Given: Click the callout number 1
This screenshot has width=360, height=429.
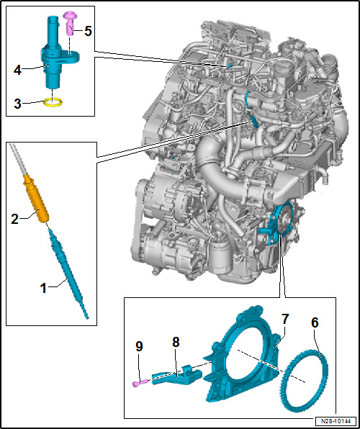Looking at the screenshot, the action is click(x=44, y=289).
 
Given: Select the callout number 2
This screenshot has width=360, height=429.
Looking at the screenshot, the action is click(x=15, y=219).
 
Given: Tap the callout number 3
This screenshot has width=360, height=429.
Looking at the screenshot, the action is click(x=18, y=104).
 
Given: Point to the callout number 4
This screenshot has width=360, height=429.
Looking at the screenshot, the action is click(x=18, y=71).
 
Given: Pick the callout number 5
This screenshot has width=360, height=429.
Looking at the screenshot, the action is click(x=88, y=32).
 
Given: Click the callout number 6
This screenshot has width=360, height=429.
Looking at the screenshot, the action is click(x=315, y=323).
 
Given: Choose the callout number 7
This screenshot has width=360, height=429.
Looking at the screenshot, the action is click(x=284, y=318).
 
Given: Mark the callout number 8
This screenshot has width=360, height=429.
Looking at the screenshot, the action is click(x=176, y=342).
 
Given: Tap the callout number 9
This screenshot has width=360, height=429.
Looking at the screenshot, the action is click(x=139, y=347).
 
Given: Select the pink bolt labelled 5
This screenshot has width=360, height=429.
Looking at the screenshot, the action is click(x=70, y=23).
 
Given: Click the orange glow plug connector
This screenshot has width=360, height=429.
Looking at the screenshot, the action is click(x=37, y=199).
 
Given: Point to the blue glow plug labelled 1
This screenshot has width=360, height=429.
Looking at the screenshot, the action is click(x=68, y=274).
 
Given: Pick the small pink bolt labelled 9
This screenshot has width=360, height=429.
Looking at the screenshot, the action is click(x=140, y=382).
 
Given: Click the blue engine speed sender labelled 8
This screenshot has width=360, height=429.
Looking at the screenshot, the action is click(x=176, y=376).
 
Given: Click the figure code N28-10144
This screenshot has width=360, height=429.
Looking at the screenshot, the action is click(x=336, y=420).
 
